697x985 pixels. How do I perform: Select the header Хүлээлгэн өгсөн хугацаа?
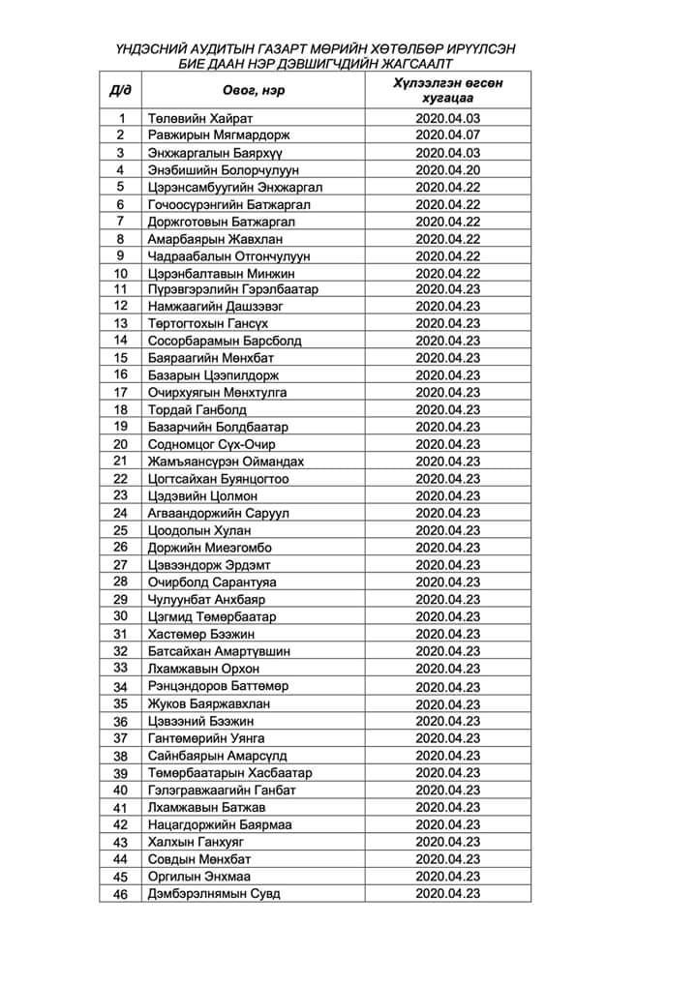(447, 90)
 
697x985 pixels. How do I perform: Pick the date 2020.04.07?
(447, 135)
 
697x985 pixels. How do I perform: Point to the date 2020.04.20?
(447, 169)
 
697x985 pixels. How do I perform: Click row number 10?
(120, 274)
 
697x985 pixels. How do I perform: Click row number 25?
(120, 530)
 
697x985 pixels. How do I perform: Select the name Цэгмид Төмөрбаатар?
(211, 616)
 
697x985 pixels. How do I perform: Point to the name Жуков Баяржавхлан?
(208, 703)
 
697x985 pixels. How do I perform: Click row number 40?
(120, 790)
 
